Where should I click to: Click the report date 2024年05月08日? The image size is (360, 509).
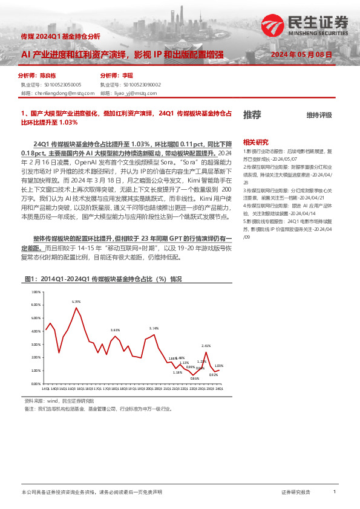pos(301,54)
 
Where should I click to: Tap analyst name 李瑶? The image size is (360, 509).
pos(128,77)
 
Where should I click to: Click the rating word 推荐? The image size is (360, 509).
pos(252,114)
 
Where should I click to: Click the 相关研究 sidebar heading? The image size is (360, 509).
pos(254,141)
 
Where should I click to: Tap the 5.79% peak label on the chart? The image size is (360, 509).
pos(76,301)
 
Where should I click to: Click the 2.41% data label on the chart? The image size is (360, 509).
pos(206,345)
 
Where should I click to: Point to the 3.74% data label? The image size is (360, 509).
pos(154,328)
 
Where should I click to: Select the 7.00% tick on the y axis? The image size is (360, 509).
pos(34,292)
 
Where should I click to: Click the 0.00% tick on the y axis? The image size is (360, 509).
pos(34,383)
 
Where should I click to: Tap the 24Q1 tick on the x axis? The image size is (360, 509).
pos(219,388)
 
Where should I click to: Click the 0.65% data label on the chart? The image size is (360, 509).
pos(194,378)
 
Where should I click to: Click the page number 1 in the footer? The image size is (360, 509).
pos(335,493)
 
